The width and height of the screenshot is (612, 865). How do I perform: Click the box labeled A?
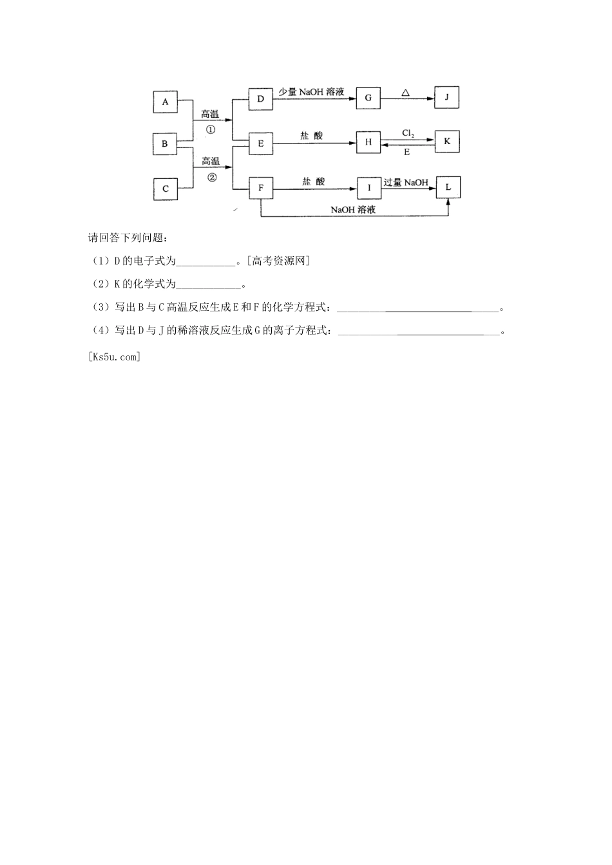tap(165, 102)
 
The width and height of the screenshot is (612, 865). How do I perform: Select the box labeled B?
tap(165, 144)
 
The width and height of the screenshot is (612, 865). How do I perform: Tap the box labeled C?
tap(165, 189)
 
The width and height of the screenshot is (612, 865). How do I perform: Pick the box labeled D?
tap(260, 98)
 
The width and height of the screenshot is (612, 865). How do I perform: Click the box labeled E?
tap(260, 144)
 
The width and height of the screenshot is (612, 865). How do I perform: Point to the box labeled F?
tap(260, 188)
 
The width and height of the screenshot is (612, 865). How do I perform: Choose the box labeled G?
tap(368, 98)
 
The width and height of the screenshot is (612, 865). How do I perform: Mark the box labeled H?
tap(368, 142)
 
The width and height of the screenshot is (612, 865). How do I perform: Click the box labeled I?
tap(369, 188)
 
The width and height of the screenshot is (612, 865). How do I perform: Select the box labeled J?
tap(446, 98)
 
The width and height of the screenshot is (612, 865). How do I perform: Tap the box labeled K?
tap(447, 142)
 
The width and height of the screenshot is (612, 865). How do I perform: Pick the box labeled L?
tap(448, 187)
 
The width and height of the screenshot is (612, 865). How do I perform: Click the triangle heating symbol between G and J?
tap(405, 93)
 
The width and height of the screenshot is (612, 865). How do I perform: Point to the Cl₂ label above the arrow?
tap(408, 133)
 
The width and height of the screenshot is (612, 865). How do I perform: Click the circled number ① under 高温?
tap(210, 129)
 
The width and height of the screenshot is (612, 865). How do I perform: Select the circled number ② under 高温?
tap(211, 176)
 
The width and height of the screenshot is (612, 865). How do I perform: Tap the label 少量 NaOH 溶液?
tap(311, 92)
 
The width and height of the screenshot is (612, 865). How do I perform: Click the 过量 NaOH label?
tap(406, 182)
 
